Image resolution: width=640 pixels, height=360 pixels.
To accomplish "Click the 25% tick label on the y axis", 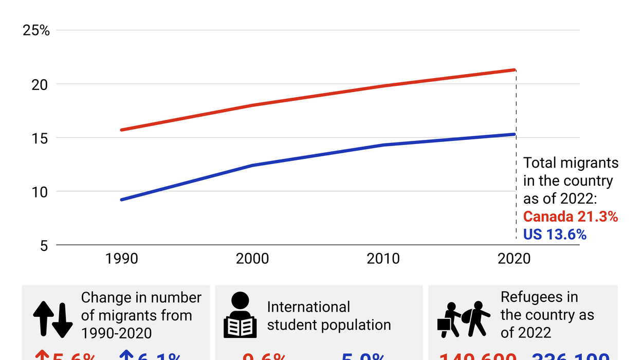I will pos(36,30).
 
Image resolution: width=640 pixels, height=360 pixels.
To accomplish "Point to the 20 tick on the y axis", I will pos(40,84).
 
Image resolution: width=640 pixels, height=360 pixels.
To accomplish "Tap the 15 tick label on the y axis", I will pos(40,138).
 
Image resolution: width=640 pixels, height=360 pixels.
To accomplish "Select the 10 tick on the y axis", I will pos(40,192).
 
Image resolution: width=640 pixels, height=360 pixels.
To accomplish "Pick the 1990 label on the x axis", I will pos(121,258).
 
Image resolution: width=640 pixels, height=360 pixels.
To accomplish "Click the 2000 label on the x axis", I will pos(252,258).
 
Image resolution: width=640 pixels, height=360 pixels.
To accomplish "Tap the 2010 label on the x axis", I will pos(383,258).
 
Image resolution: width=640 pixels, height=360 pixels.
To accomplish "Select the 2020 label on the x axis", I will pos(514,258).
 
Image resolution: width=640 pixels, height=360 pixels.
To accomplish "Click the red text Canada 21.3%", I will pos(570,217).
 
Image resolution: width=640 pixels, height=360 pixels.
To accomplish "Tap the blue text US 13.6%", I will pos(555,235).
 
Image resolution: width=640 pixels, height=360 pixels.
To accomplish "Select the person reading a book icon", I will pos(240,315).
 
